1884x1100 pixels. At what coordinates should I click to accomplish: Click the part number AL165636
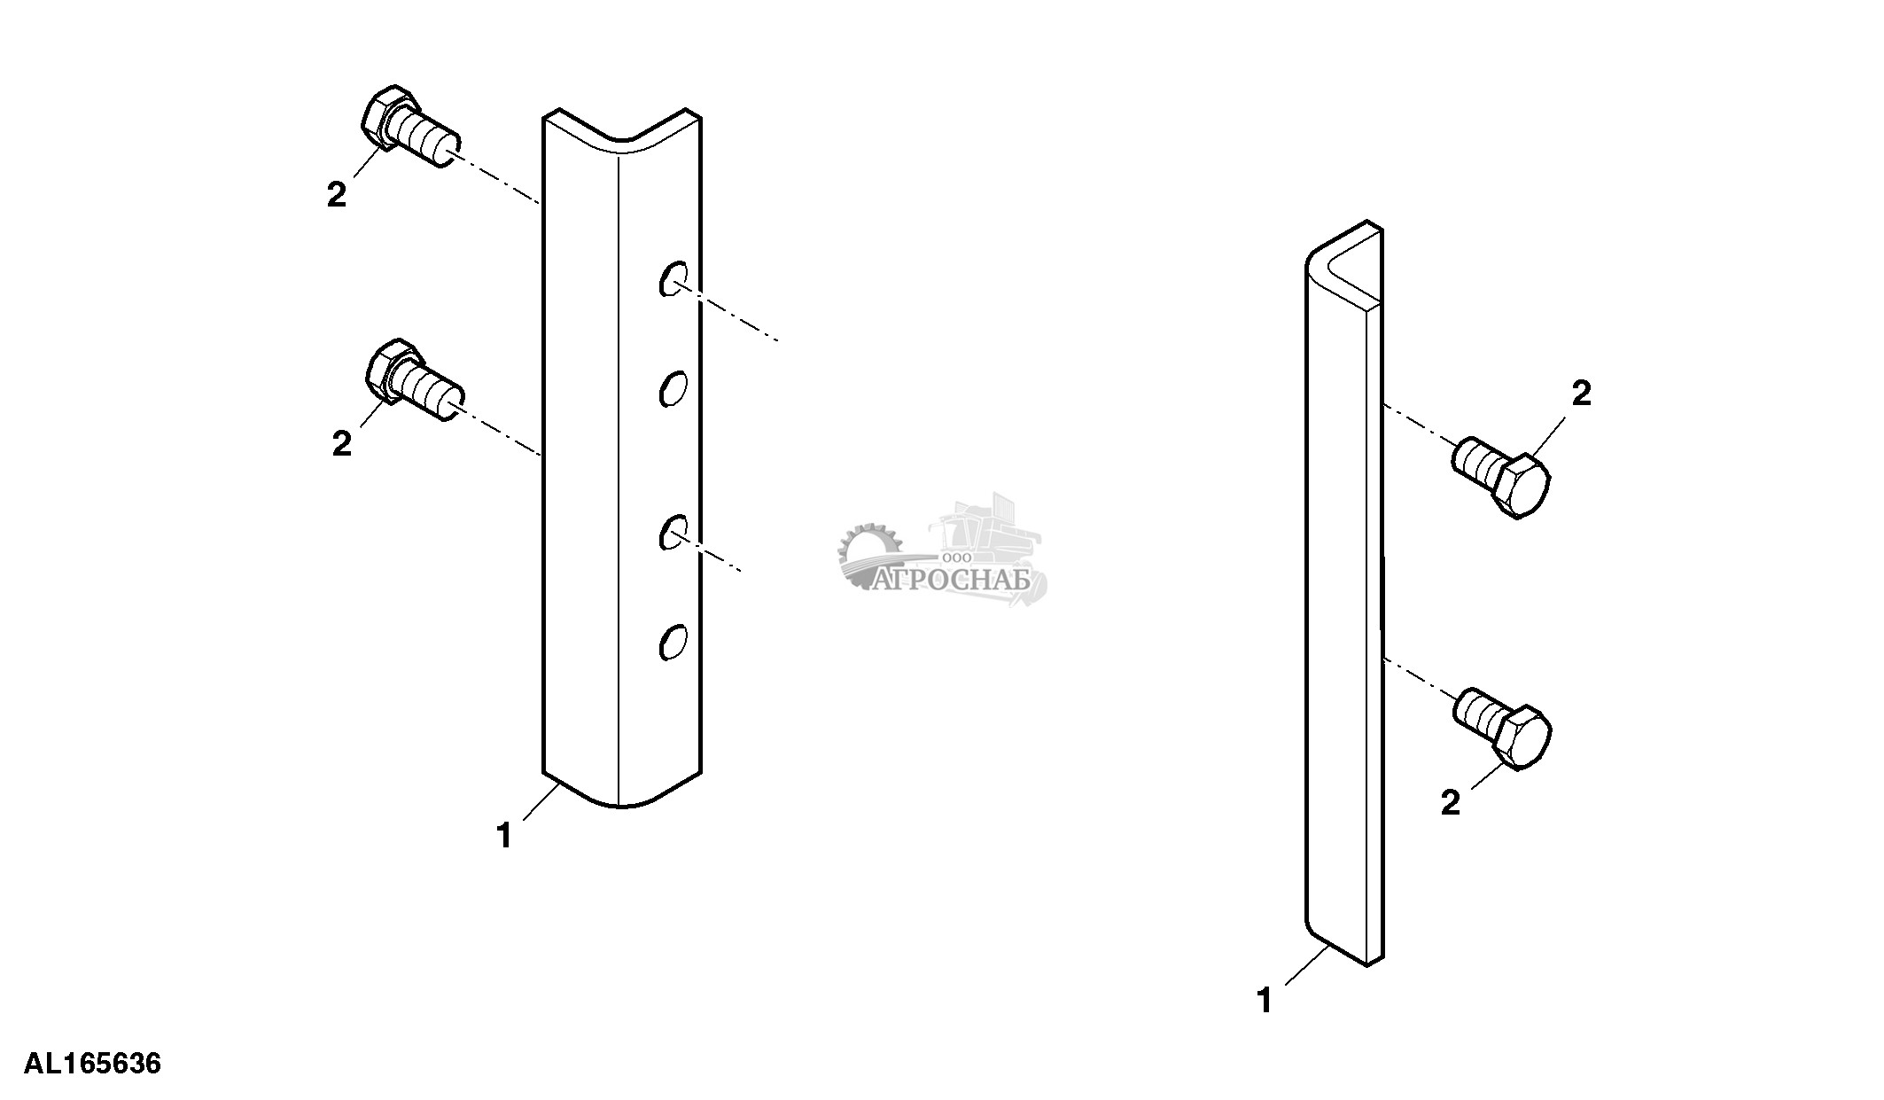[93, 1063]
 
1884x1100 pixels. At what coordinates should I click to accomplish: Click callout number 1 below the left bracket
[504, 836]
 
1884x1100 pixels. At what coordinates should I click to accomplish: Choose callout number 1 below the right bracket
[1265, 1002]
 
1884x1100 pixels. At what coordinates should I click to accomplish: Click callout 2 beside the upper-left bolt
[337, 195]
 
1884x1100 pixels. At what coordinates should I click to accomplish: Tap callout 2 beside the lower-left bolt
[342, 443]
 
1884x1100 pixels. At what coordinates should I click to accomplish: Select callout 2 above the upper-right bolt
[1582, 394]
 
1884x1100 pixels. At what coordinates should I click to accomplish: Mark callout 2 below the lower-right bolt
[1451, 803]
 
